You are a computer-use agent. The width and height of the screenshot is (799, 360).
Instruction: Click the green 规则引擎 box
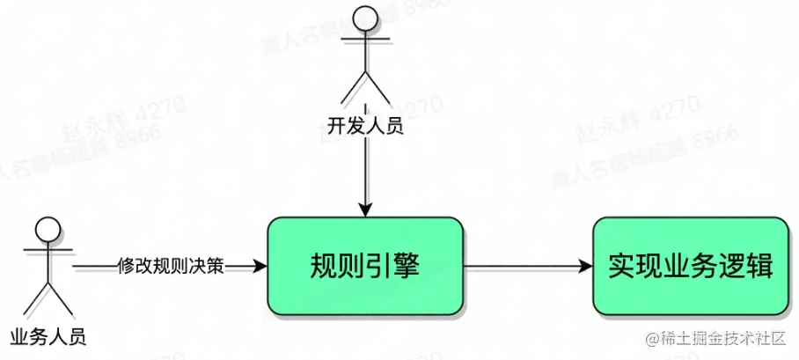tap(365, 265)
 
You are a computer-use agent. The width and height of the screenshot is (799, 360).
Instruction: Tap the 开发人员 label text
tap(365, 127)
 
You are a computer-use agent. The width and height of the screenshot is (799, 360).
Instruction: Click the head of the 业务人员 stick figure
tap(48, 231)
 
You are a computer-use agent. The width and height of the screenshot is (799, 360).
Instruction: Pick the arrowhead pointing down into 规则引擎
tap(365, 209)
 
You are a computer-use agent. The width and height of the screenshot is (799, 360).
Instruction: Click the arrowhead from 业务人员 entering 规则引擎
tap(259, 266)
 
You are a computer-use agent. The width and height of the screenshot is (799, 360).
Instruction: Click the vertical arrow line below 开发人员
tap(365, 172)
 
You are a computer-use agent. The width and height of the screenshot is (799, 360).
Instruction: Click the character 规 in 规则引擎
tap(325, 265)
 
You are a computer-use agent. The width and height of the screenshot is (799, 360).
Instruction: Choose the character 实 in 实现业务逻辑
tap(621, 265)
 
